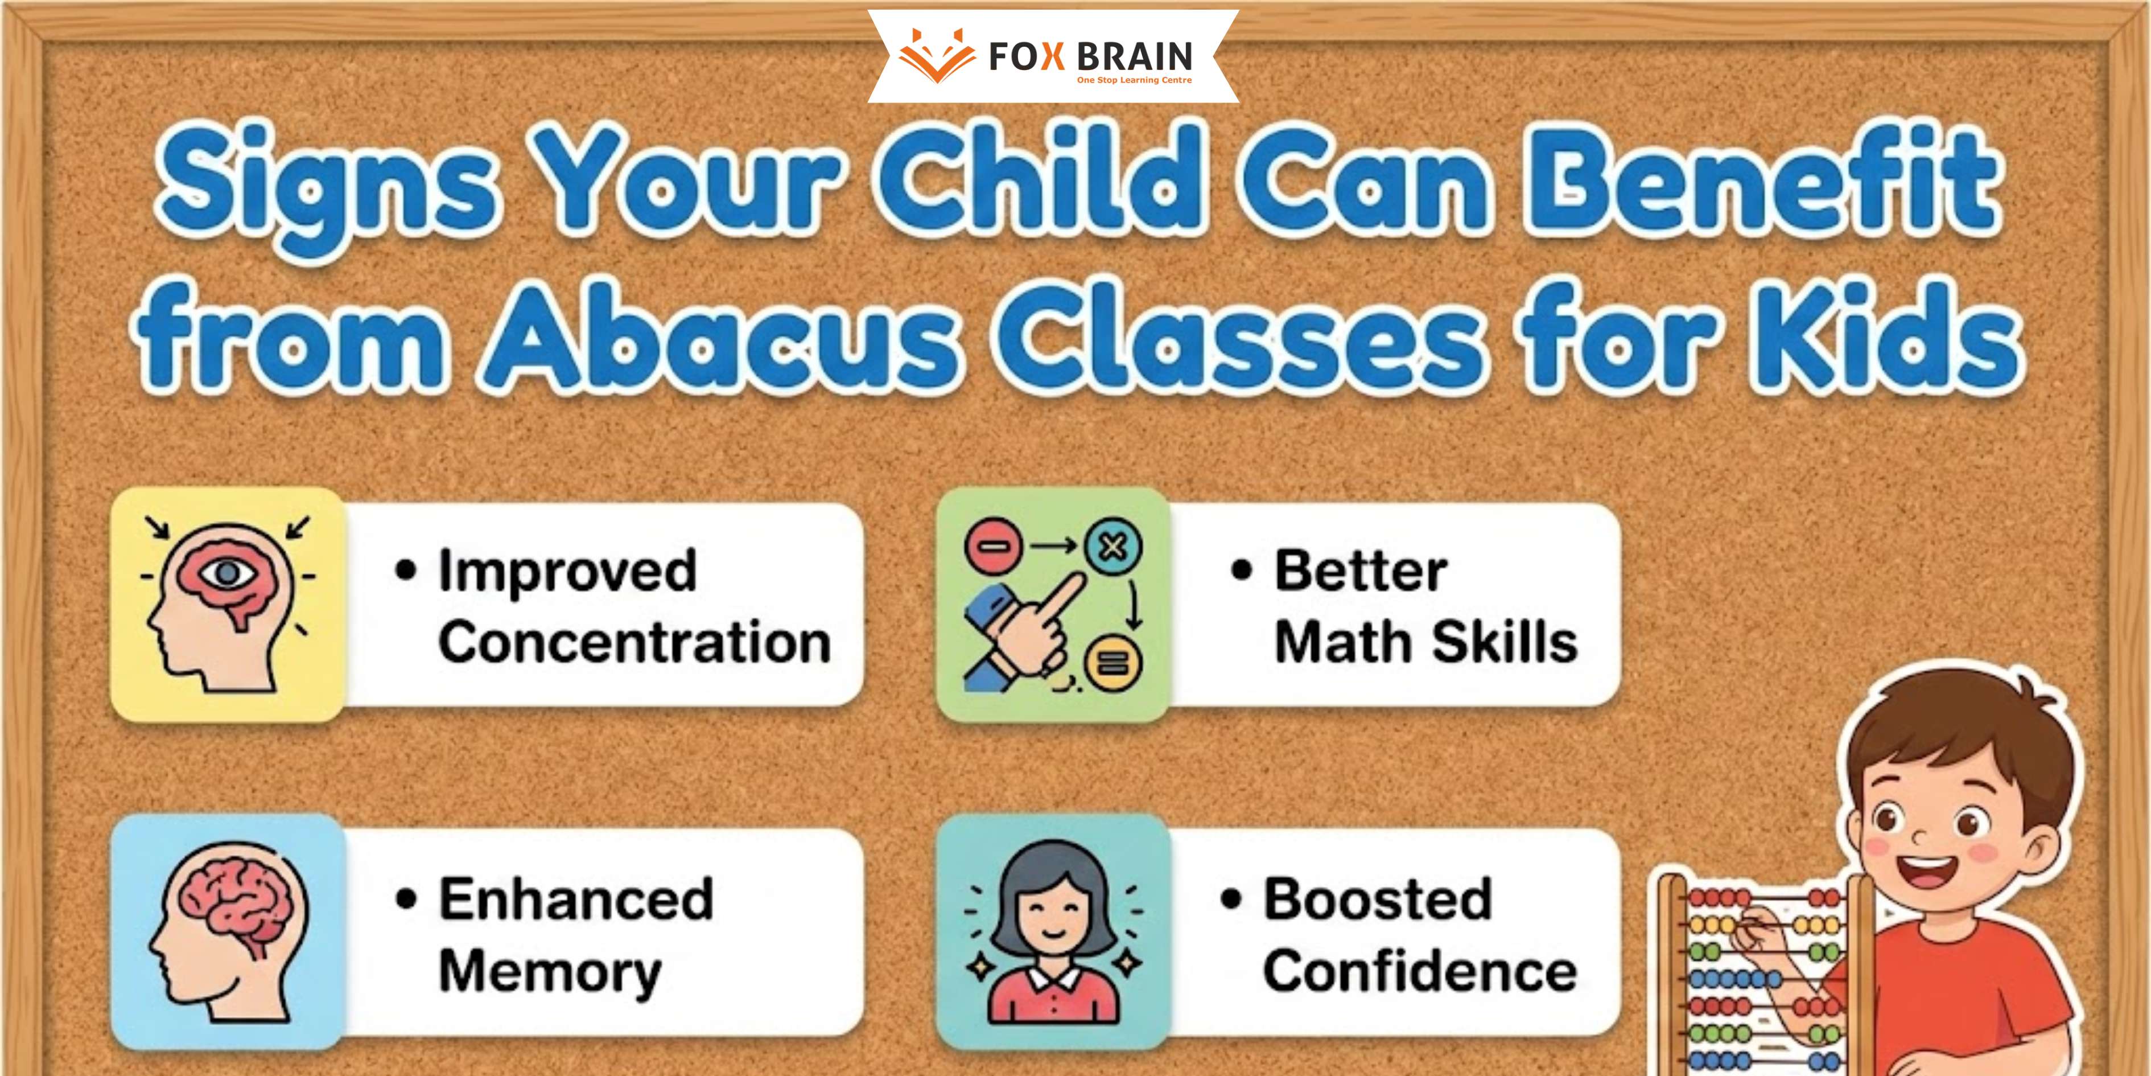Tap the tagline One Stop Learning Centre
click(x=1135, y=80)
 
